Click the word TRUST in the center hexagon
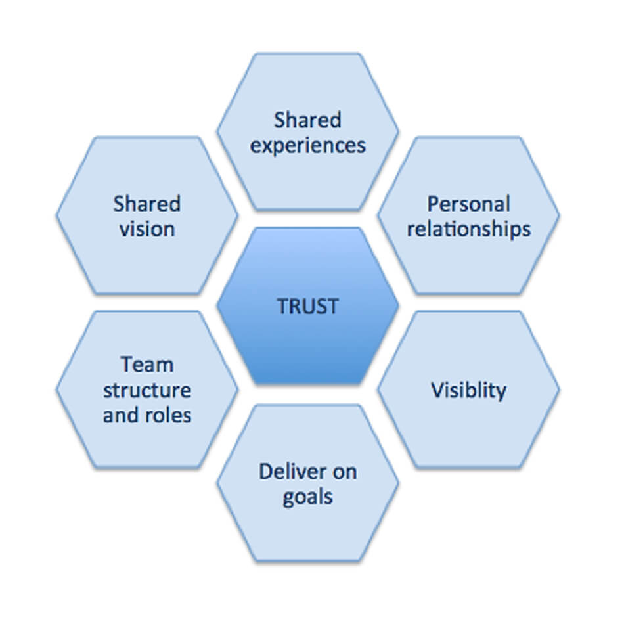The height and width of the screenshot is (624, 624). click(x=307, y=306)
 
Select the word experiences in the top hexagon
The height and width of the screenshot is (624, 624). click(x=307, y=145)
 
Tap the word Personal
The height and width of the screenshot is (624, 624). click(x=468, y=204)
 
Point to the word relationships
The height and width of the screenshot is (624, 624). click(x=468, y=229)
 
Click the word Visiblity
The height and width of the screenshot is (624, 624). click(x=468, y=390)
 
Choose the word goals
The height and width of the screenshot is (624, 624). click(x=307, y=497)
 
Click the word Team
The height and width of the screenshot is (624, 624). click(x=147, y=364)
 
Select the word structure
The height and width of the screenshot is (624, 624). click(x=147, y=390)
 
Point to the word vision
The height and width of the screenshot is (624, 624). click(x=147, y=229)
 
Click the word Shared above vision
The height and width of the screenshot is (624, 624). click(x=147, y=204)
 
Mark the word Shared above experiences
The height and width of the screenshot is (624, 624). click(x=307, y=120)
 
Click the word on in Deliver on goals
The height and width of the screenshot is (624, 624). click(x=344, y=472)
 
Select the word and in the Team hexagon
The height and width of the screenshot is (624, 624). click(x=122, y=415)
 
